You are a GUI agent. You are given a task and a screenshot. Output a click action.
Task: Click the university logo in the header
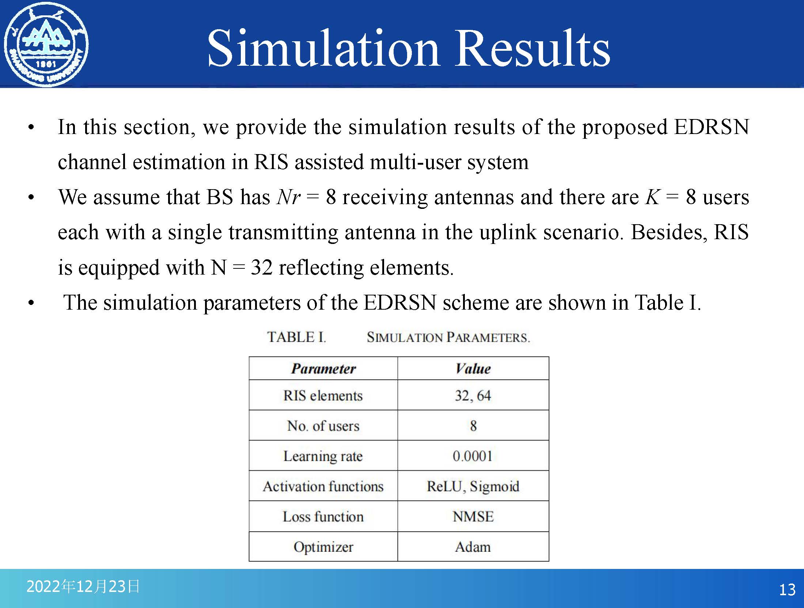(46, 45)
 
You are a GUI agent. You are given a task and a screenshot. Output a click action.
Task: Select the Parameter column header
(323, 368)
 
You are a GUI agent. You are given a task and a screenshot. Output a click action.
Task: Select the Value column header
(473, 368)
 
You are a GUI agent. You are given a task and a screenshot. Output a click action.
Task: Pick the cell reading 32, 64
(473, 395)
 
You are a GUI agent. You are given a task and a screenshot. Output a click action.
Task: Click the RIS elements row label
(323, 395)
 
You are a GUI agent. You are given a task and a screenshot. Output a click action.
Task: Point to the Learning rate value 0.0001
(473, 456)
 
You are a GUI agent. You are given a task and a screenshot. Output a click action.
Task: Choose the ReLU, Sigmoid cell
(473, 486)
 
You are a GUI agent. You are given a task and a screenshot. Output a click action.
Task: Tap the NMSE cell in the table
(473, 516)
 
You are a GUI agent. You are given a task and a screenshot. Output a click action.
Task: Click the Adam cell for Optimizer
(473, 547)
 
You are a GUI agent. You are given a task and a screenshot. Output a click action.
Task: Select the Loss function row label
(323, 516)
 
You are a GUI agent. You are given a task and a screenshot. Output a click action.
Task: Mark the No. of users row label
(323, 426)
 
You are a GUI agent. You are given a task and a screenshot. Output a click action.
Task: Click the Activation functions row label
(323, 486)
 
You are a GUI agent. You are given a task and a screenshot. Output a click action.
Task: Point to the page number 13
(787, 590)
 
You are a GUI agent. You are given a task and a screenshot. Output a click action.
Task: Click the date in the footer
(83, 586)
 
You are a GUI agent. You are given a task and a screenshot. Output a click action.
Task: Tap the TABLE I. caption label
(296, 337)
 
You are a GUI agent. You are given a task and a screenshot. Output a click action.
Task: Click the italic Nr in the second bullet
(289, 197)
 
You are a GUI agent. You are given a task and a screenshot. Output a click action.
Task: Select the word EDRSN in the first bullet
(712, 127)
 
